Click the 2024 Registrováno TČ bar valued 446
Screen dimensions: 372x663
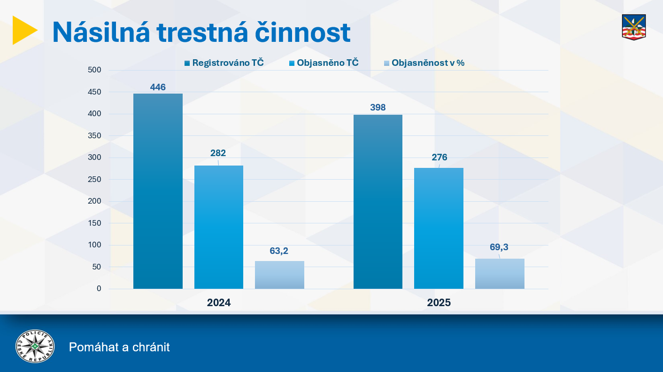click(x=158, y=191)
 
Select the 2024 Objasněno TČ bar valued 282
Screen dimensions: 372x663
click(x=219, y=227)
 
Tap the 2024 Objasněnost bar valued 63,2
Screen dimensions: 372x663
click(x=279, y=275)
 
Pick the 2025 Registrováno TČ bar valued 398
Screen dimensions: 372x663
click(x=378, y=202)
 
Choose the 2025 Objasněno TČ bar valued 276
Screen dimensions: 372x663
click(x=439, y=228)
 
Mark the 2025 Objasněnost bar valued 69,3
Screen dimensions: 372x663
click(x=500, y=274)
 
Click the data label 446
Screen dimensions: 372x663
click(x=158, y=87)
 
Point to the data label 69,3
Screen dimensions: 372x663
click(x=499, y=247)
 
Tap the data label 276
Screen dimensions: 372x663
click(x=439, y=157)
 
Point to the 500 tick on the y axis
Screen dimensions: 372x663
click(x=94, y=70)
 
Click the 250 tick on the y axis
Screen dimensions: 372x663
click(x=94, y=179)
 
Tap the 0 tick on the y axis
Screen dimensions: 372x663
click(x=99, y=288)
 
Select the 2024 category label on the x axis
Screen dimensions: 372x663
click(x=219, y=303)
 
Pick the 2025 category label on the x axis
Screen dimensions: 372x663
click(x=439, y=303)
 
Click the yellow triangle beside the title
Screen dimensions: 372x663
click(x=23, y=30)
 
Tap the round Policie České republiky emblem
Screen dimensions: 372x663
click(x=35, y=347)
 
